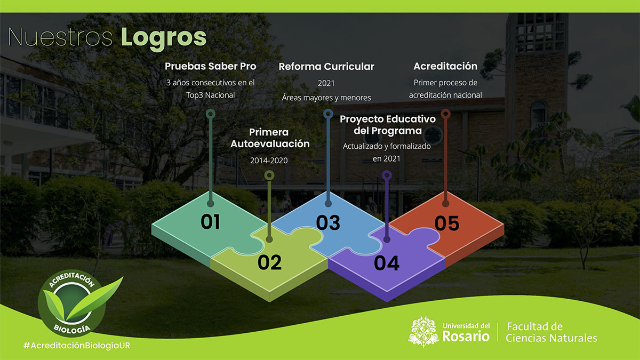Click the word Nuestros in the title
pyautogui.click(x=60, y=37)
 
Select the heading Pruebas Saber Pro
pyautogui.click(x=211, y=66)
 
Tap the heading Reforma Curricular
pyautogui.click(x=326, y=67)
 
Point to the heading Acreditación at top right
pyautogui.click(x=445, y=66)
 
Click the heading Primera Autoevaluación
pyautogui.click(x=270, y=138)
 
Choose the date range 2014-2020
pyautogui.click(x=269, y=161)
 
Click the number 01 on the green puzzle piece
pyautogui.click(x=210, y=222)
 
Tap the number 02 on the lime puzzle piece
pyautogui.click(x=269, y=262)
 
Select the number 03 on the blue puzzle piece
pyautogui.click(x=328, y=223)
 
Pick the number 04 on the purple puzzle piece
pyautogui.click(x=387, y=263)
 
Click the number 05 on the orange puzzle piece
pyautogui.click(x=447, y=223)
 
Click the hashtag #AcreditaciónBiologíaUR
pyautogui.click(x=77, y=346)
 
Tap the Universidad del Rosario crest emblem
pyautogui.click(x=423, y=332)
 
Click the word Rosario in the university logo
pyautogui.click(x=466, y=337)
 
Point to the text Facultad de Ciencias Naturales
pyautogui.click(x=551, y=332)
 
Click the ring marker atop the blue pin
pyautogui.click(x=329, y=114)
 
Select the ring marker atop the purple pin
pyautogui.click(x=387, y=175)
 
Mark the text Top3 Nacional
pyautogui.click(x=211, y=95)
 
